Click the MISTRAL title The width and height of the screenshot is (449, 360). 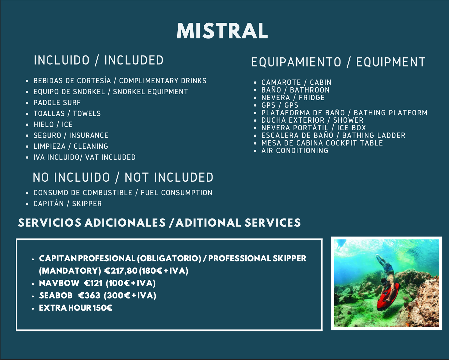[222, 31]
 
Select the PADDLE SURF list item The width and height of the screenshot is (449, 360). [57, 102]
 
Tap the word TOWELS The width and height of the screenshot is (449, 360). [87, 113]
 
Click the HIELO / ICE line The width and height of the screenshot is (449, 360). [53, 124]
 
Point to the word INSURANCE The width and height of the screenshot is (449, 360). [89, 135]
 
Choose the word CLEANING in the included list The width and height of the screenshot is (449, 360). [91, 146]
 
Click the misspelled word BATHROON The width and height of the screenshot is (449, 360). [310, 90]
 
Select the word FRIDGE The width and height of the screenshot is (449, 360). [312, 97]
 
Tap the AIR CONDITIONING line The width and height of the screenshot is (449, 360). [295, 151]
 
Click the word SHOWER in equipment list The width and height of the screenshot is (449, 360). [348, 120]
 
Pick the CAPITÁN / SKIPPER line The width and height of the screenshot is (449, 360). [68, 204]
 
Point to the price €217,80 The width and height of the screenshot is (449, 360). [121, 271]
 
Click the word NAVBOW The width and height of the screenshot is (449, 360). [59, 283]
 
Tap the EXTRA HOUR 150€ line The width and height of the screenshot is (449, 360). [75, 308]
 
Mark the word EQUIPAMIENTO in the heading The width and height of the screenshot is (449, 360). [296, 62]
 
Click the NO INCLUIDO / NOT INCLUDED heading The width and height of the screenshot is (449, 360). [123, 177]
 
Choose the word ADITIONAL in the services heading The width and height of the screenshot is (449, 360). [208, 223]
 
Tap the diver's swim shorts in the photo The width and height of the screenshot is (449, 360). [388, 268]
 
